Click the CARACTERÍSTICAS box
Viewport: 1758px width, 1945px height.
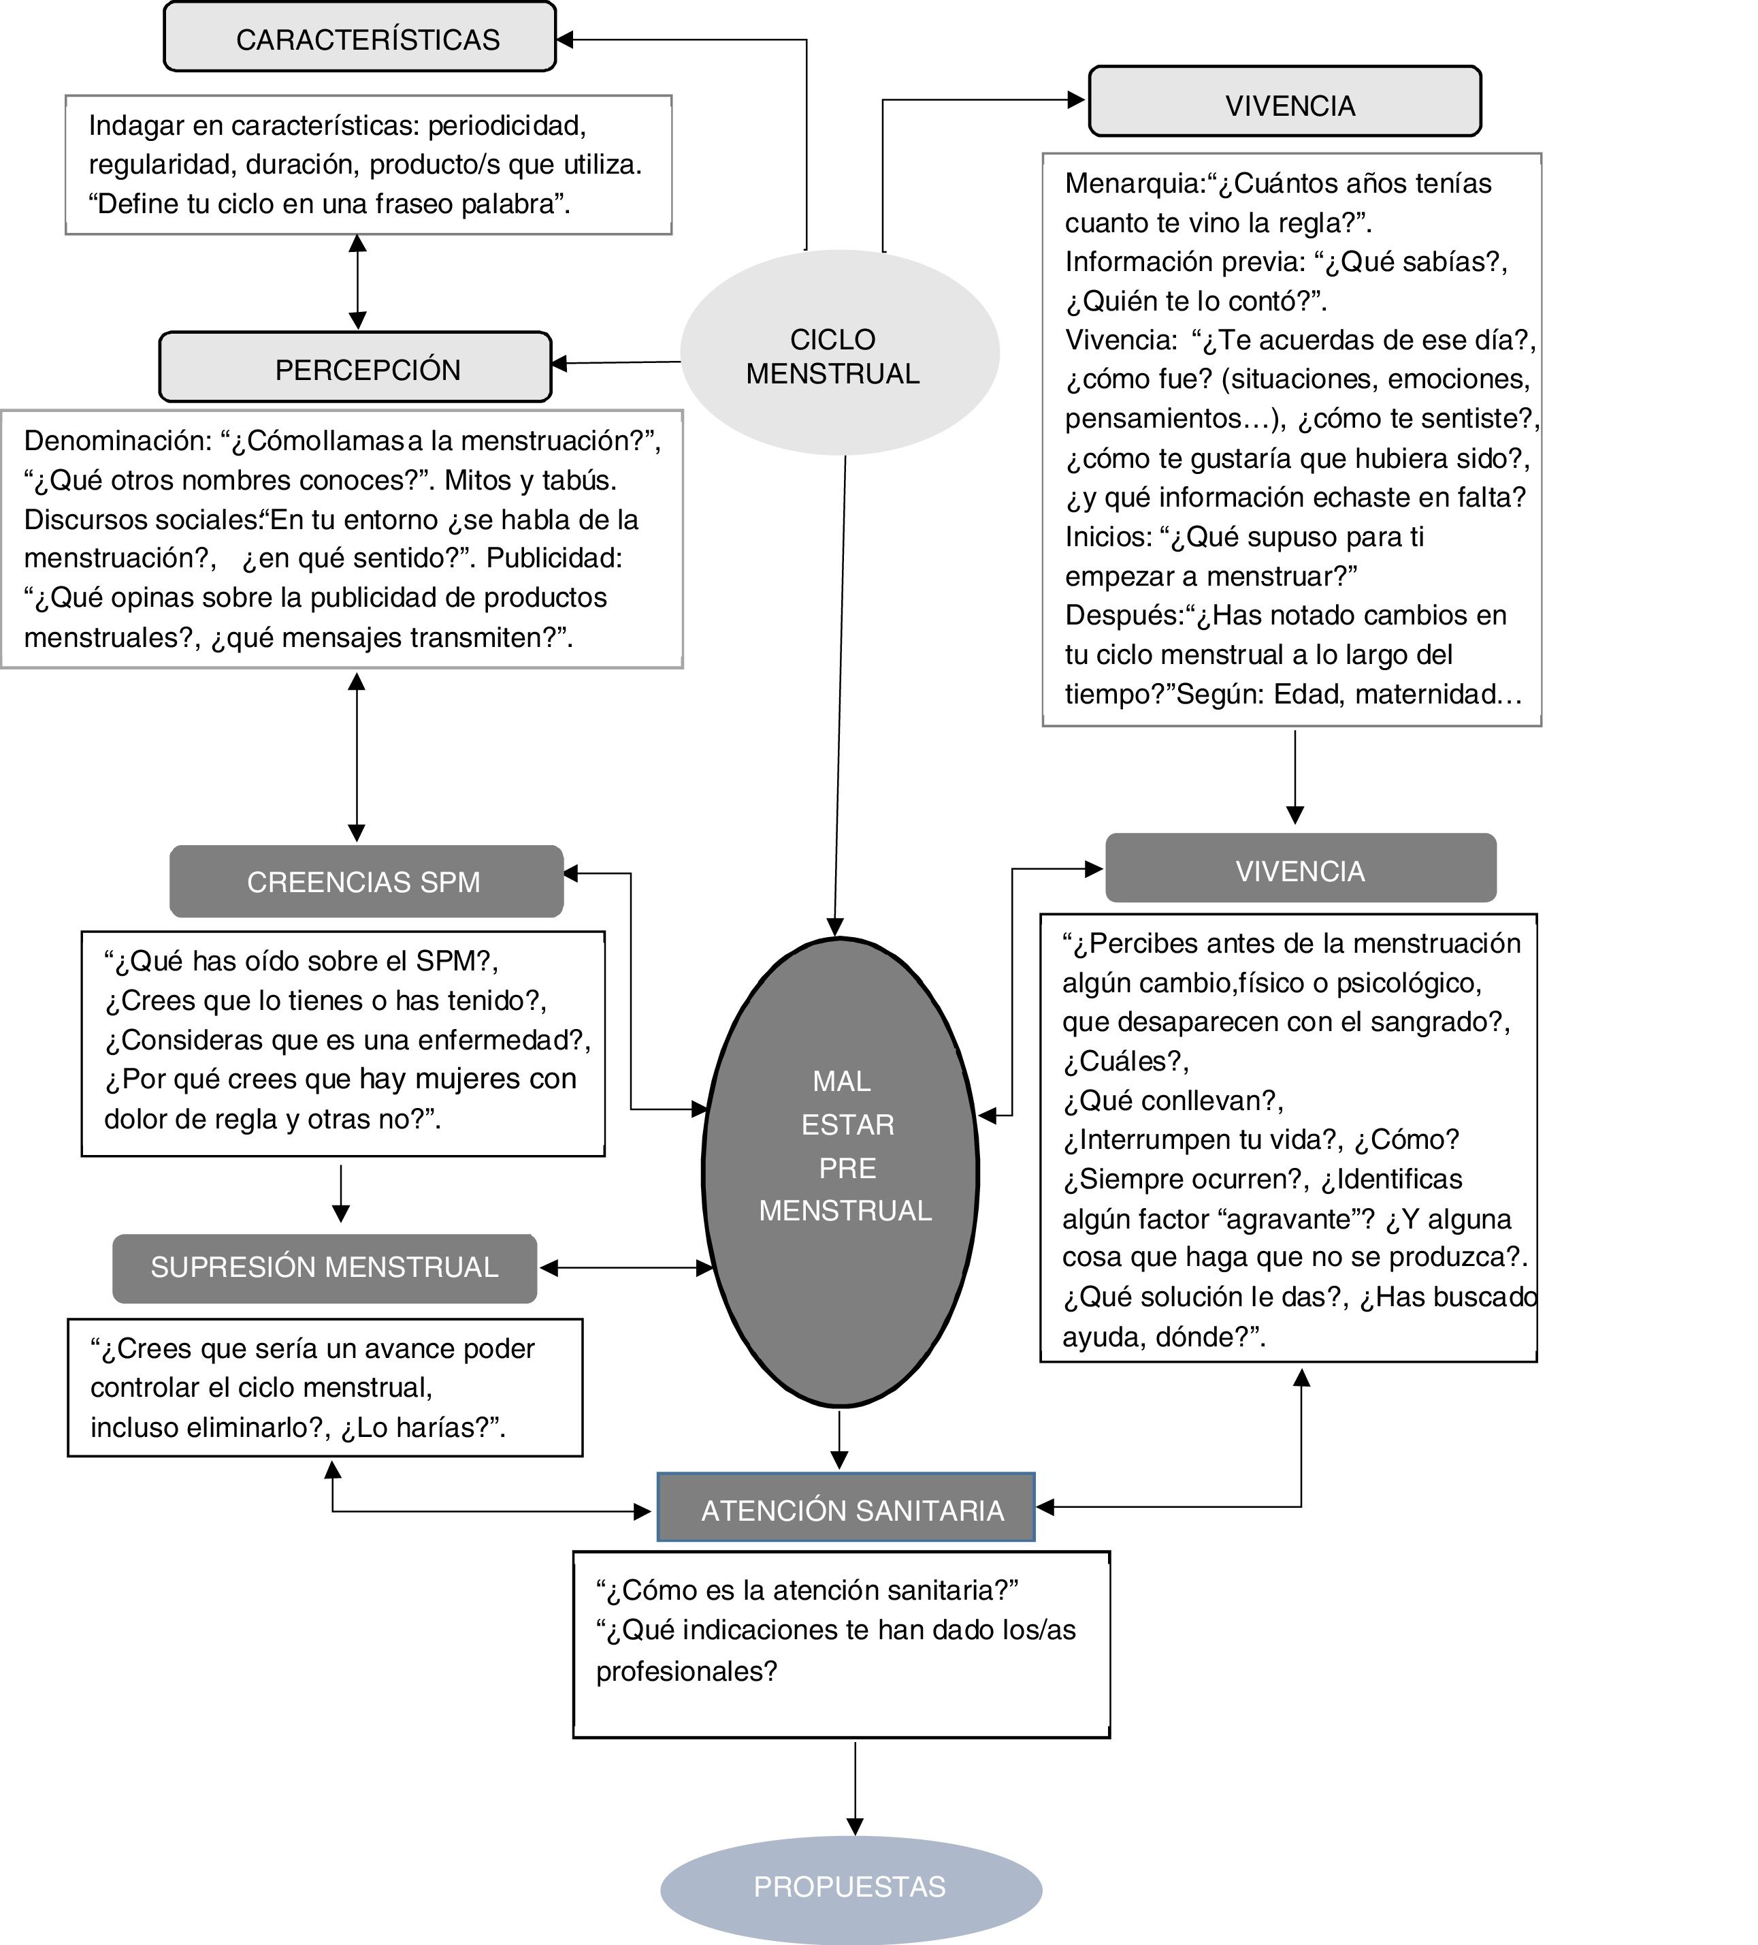click(x=360, y=37)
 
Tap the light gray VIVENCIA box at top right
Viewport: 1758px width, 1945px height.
click(x=1284, y=102)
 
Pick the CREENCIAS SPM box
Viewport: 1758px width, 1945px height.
click(x=365, y=881)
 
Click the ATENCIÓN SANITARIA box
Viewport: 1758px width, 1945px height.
click(x=846, y=1509)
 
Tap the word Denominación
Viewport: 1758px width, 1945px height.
click(x=116, y=441)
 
